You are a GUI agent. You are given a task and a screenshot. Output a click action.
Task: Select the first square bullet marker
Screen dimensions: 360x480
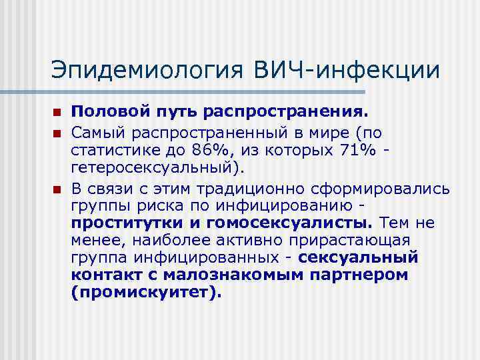[x=57, y=110]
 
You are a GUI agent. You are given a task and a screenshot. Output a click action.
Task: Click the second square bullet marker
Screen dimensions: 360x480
[x=57, y=125]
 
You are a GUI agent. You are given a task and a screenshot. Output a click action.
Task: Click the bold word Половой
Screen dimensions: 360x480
[x=101, y=110]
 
